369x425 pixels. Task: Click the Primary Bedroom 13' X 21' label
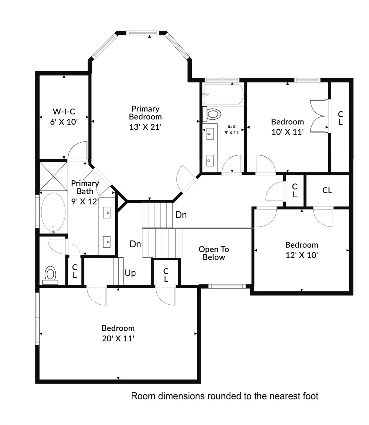click(x=145, y=118)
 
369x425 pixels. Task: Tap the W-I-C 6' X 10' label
click(x=64, y=116)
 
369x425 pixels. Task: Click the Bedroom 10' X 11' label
click(x=287, y=127)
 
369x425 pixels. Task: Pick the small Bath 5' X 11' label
click(x=232, y=129)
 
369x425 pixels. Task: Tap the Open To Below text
click(x=214, y=253)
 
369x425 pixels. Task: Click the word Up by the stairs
click(x=130, y=273)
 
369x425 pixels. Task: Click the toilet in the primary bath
click(x=50, y=275)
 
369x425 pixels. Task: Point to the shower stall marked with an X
click(x=53, y=176)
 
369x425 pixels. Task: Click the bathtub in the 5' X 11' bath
click(x=223, y=94)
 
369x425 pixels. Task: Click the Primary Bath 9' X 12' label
click(x=85, y=192)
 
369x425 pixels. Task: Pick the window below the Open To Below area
click(x=227, y=286)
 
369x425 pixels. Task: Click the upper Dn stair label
click(x=181, y=215)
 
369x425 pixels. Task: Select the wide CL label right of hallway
click(x=327, y=190)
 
